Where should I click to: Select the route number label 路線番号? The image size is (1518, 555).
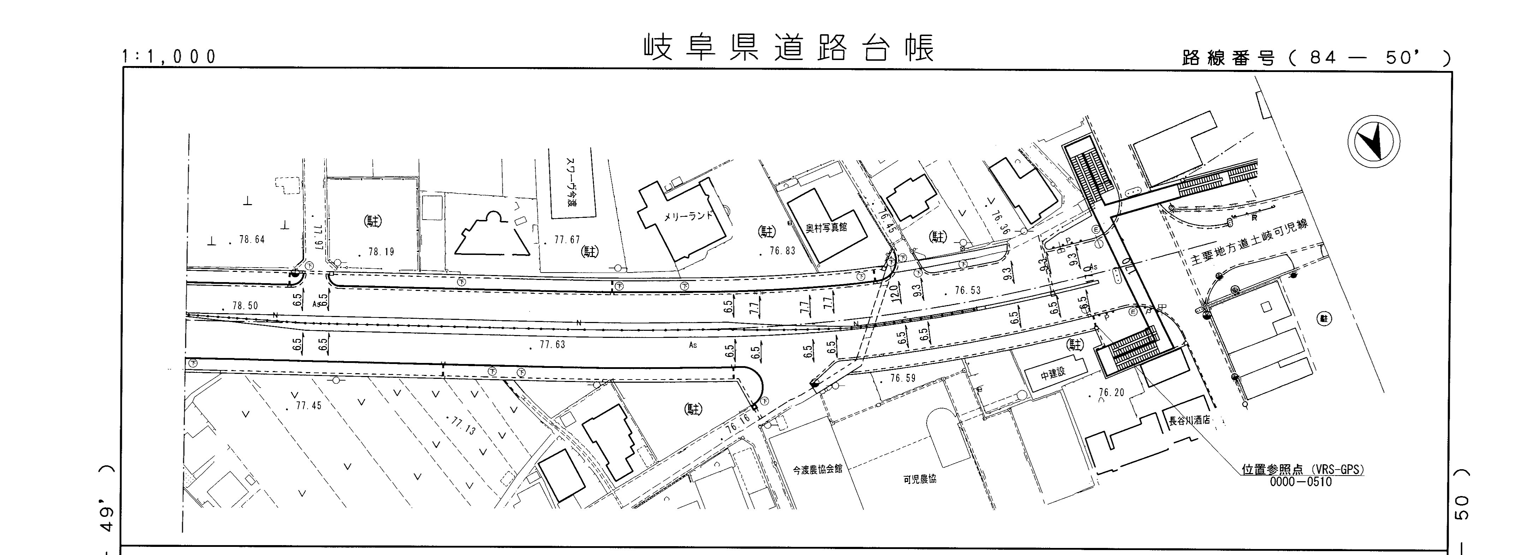tap(1229, 58)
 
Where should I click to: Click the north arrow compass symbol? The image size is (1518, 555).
tap(1374, 142)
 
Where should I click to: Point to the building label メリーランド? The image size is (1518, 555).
tap(688, 216)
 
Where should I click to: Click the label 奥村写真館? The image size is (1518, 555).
tap(826, 227)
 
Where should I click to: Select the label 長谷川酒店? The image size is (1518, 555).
tap(1190, 421)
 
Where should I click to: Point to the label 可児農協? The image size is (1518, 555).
tap(920, 479)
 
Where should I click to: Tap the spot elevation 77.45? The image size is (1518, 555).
tap(308, 406)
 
